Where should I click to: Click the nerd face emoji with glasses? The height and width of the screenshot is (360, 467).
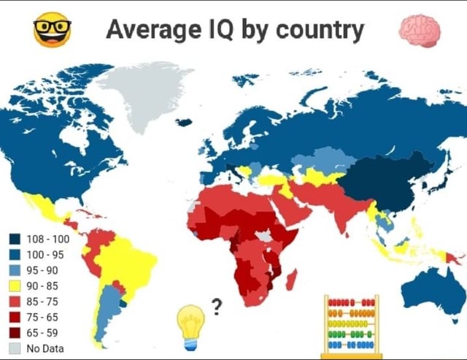coord(53,31)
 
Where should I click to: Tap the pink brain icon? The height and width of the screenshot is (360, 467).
coord(420,31)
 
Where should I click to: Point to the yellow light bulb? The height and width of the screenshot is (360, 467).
coord(191,326)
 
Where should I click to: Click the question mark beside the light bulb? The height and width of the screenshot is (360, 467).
coord(217,305)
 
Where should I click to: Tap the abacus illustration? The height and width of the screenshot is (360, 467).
coord(352,326)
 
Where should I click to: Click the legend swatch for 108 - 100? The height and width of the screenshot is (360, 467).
coord(15,239)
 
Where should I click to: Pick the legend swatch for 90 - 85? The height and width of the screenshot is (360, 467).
coord(15,286)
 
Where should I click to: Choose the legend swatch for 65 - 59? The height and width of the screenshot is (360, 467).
coord(15,332)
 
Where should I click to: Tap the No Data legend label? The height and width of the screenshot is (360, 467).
coord(45,348)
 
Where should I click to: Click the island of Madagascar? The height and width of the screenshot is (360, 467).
coord(292,280)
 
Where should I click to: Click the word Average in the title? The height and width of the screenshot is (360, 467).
coord(150,30)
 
